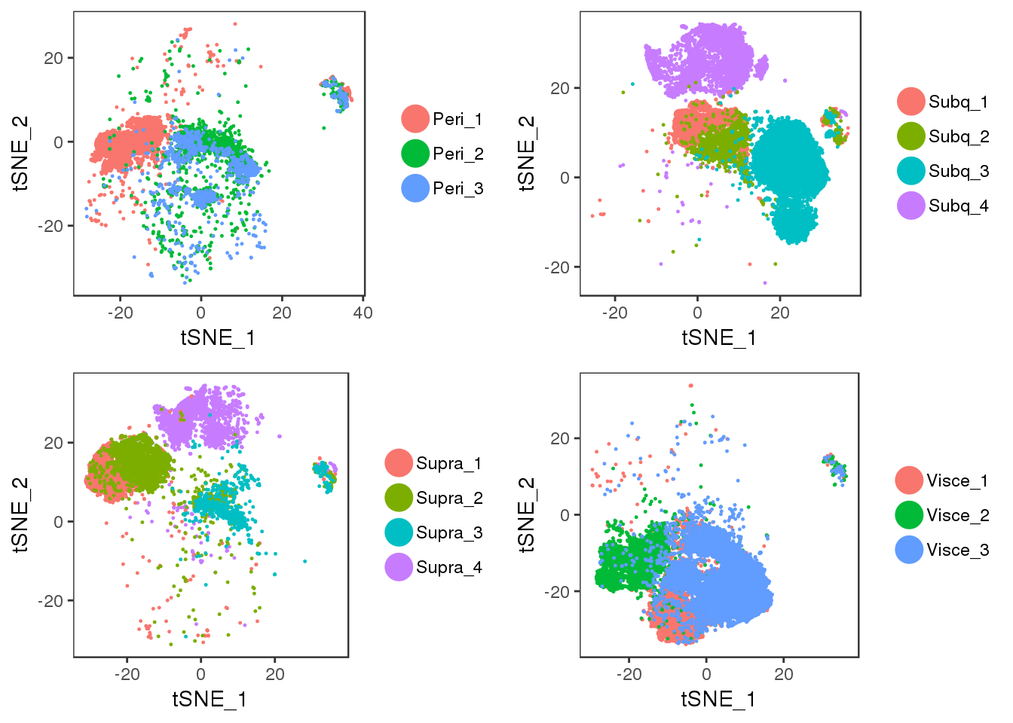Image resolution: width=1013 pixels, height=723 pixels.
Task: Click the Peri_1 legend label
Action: click(x=457, y=119)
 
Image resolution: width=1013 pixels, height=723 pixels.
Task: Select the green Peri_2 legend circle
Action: click(x=415, y=154)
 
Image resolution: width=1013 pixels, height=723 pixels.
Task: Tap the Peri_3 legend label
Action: click(x=457, y=188)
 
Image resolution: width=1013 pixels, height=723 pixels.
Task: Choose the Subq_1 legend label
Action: click(x=958, y=102)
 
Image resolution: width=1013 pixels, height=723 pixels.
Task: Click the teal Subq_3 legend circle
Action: click(x=911, y=171)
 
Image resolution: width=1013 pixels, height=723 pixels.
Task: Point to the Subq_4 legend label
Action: click(x=958, y=206)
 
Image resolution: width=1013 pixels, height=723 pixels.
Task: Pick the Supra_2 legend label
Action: click(x=448, y=498)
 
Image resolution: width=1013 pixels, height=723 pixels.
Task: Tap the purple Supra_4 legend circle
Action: click(x=399, y=567)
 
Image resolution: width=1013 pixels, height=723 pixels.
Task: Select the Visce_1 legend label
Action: click(x=956, y=480)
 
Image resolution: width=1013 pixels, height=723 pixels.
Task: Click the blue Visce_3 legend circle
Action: click(x=910, y=550)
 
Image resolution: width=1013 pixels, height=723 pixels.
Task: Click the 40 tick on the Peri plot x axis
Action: click(x=363, y=313)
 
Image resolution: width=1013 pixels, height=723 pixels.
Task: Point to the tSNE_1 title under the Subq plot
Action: click(x=719, y=337)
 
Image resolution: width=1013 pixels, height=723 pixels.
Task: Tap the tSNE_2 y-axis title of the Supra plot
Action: click(x=21, y=514)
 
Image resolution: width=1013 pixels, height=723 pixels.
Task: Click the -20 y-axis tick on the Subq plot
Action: click(x=559, y=267)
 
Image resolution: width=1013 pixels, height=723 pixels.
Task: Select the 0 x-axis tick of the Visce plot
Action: click(x=706, y=674)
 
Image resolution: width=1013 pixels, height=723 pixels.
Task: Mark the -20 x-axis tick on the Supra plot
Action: click(x=127, y=674)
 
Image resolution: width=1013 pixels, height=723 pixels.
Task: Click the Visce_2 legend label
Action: click(x=956, y=515)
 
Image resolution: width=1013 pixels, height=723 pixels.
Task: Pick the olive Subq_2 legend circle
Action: click(x=911, y=136)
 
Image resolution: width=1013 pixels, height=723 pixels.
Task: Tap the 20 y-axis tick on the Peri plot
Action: click(x=54, y=58)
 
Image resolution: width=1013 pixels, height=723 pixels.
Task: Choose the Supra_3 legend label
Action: click(x=448, y=532)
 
